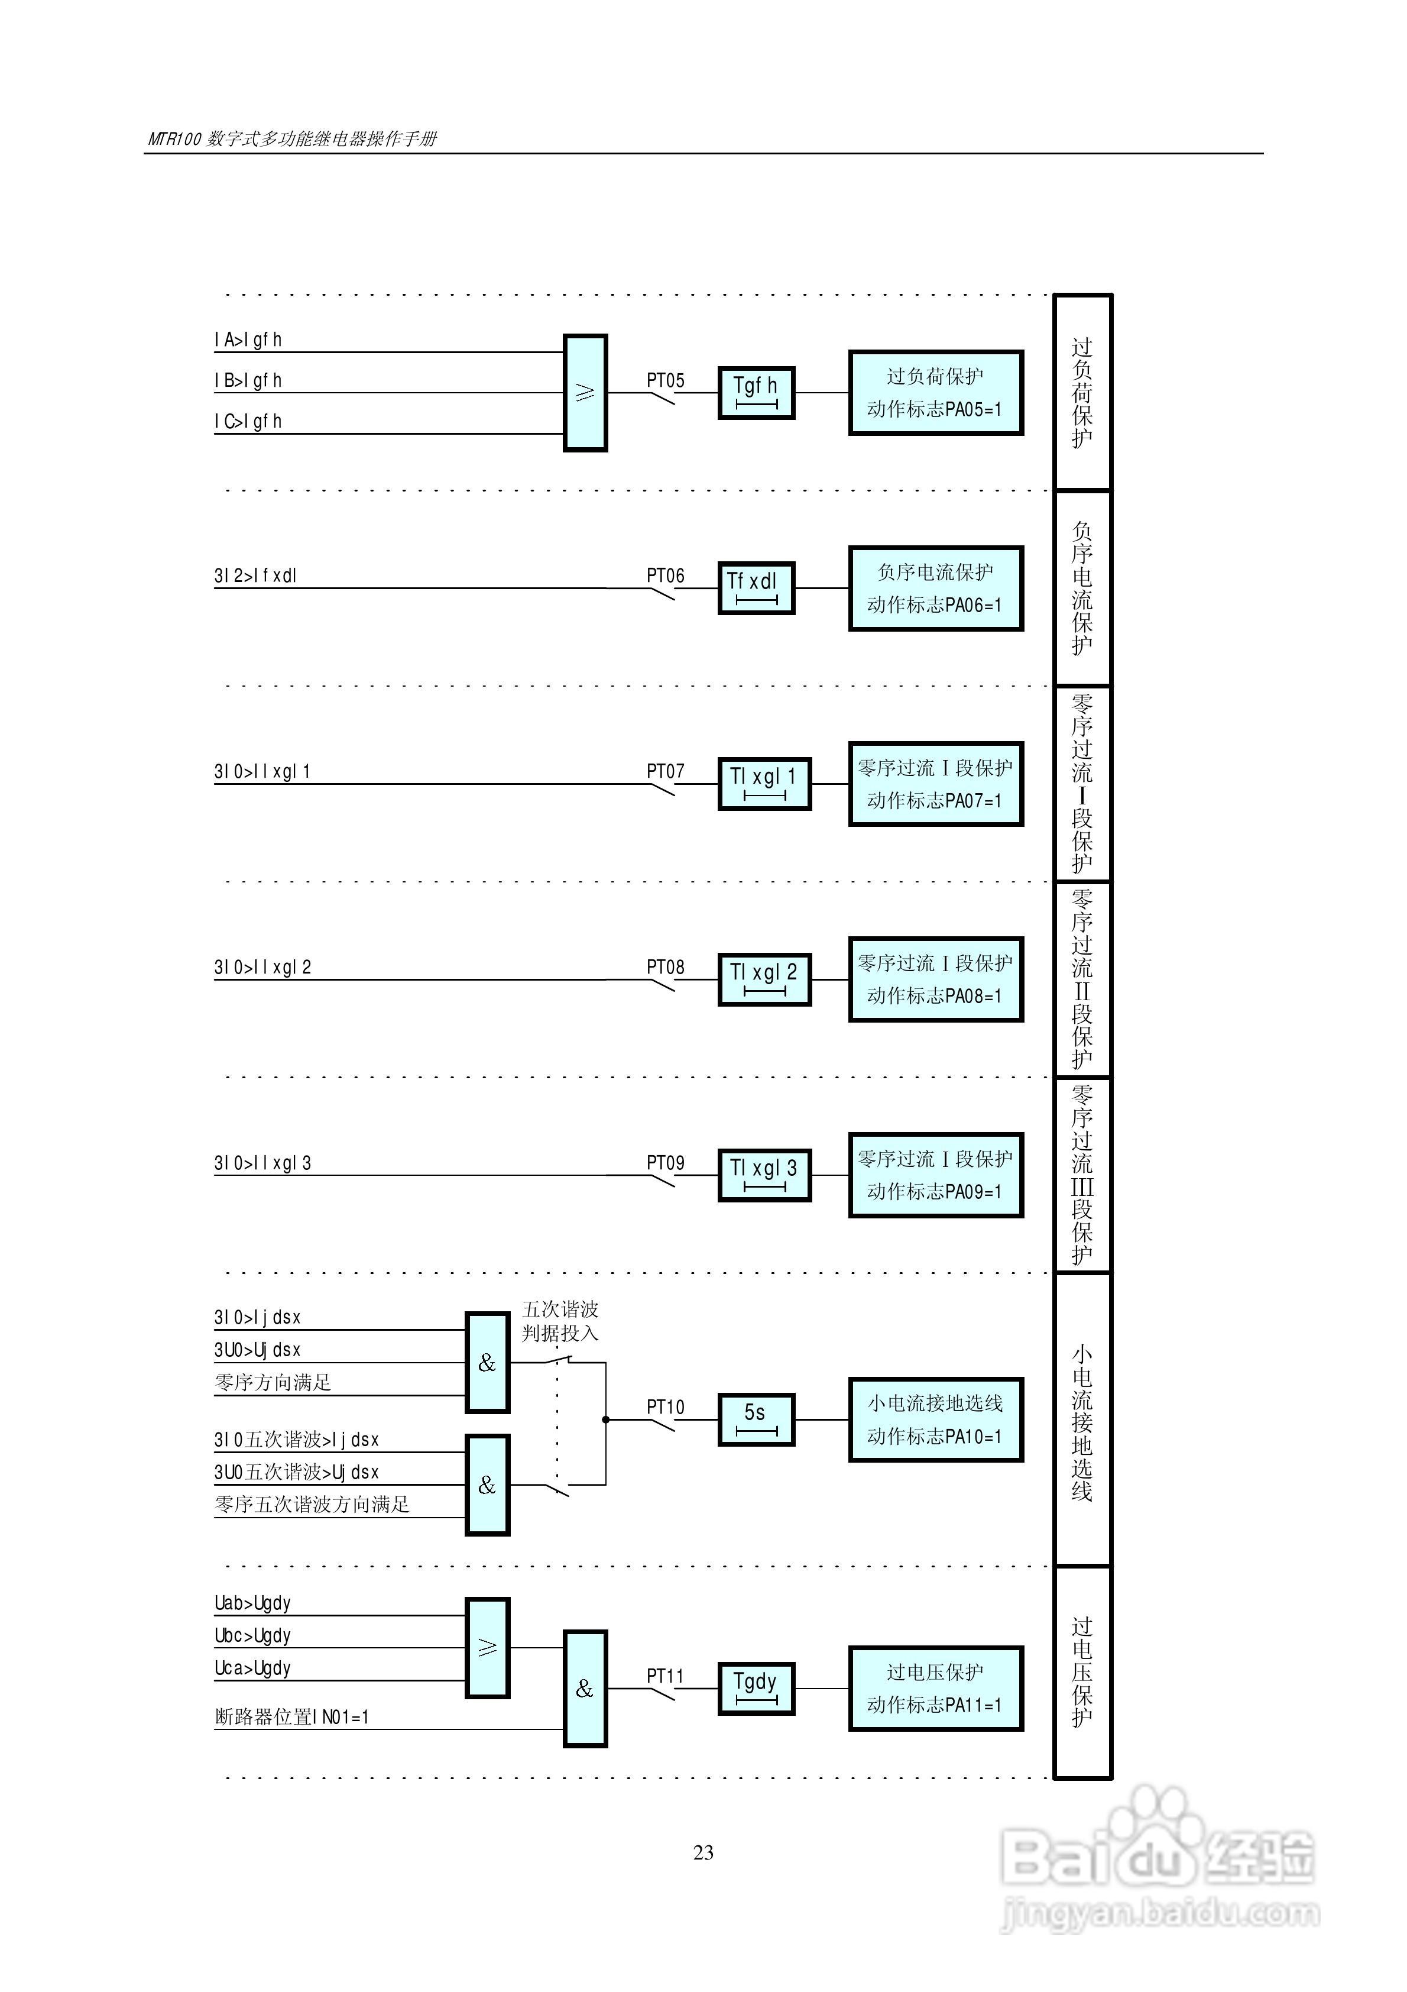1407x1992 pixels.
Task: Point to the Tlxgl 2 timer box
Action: (764, 979)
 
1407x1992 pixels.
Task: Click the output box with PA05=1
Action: (935, 393)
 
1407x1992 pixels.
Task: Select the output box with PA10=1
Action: (935, 1419)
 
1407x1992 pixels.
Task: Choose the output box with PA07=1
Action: (935, 784)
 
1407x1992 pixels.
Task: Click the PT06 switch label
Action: (665, 575)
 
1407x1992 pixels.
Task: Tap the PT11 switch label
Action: (665, 1676)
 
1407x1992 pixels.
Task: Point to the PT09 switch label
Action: (665, 1163)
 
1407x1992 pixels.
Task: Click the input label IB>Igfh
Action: (248, 380)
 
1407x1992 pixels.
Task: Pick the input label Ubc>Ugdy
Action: (252, 1635)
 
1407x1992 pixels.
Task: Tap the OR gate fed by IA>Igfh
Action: (585, 393)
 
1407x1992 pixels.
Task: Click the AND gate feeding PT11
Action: (585, 1689)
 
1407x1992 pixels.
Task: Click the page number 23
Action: (703, 1852)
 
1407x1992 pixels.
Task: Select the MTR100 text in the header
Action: (174, 139)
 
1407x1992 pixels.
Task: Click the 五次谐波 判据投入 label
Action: (560, 1321)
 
